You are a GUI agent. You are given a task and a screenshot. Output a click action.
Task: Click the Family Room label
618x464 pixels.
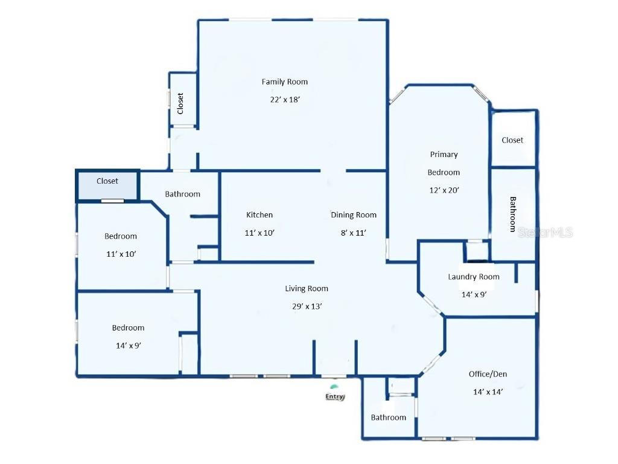point(284,82)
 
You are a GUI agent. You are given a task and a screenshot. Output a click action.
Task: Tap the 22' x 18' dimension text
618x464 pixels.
point(285,100)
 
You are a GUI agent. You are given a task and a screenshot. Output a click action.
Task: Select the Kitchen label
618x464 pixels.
point(260,214)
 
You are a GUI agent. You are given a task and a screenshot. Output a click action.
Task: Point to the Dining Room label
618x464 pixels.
point(354,214)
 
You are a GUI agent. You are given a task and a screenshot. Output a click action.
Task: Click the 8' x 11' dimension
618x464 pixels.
point(354,232)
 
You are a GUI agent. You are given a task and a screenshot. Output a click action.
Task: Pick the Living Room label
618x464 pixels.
point(307,288)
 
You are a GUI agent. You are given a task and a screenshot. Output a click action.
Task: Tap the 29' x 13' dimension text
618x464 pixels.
point(307,306)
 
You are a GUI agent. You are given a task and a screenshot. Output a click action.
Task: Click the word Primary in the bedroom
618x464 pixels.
point(444,154)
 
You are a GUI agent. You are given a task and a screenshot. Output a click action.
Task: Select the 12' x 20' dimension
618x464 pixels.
point(444,190)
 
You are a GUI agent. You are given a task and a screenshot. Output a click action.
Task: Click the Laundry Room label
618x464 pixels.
point(474,277)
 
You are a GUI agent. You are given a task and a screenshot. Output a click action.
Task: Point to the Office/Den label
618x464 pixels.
point(488,374)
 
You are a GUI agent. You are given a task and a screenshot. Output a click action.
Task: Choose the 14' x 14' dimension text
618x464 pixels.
point(488,391)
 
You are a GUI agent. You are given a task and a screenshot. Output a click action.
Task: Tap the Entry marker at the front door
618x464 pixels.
point(335,396)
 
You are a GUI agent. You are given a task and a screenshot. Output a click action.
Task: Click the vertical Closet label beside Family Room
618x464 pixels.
point(180,103)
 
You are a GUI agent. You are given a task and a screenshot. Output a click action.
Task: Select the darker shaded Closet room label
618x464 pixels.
point(107,181)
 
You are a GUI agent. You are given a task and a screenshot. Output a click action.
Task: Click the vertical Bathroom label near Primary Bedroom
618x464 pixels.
point(513,214)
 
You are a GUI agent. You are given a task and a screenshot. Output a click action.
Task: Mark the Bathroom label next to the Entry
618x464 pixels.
point(388,417)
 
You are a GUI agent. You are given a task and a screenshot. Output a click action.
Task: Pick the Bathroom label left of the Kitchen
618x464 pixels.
point(182,194)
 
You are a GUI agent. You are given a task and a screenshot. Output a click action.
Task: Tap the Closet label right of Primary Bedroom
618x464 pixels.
point(512,140)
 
